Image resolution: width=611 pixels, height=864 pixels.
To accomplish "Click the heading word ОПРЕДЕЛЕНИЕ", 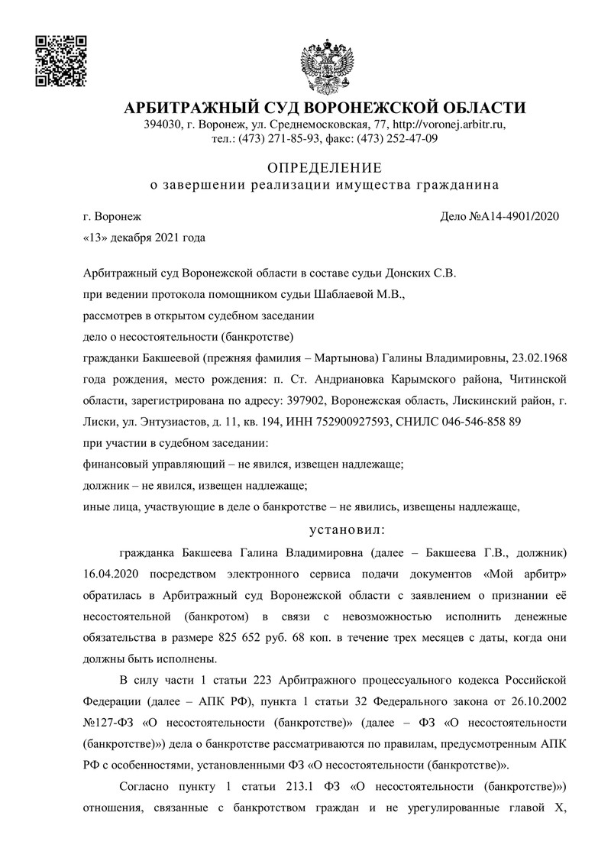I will pos(324,167).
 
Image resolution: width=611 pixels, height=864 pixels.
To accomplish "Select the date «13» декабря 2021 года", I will pos(144,237).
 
